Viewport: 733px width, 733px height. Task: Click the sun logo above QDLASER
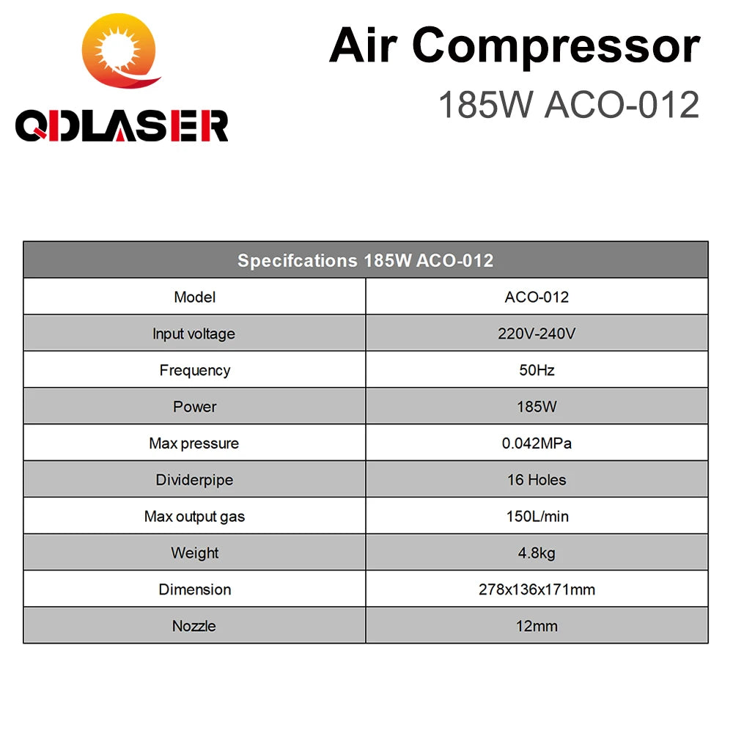[121, 51]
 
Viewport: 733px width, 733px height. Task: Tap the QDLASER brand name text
[122, 126]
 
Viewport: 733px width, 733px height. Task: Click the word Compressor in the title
[556, 47]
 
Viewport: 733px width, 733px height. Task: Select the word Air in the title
[364, 45]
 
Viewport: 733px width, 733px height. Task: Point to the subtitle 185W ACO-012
[569, 104]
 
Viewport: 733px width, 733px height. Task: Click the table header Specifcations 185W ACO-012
[366, 260]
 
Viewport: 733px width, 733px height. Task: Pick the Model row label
[194, 297]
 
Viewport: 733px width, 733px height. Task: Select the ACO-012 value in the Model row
[537, 297]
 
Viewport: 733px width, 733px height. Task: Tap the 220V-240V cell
[537, 334]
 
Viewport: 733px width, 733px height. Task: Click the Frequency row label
[194, 370]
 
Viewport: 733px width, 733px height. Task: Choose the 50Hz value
[537, 370]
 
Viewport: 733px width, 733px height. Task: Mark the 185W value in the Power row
[537, 407]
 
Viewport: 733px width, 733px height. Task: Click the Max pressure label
[194, 443]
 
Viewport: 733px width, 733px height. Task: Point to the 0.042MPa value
[537, 443]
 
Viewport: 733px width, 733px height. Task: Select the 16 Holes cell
[537, 479]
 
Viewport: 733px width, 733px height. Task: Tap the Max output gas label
[194, 517]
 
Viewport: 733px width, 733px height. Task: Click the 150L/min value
[537, 516]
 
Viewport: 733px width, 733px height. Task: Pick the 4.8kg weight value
[537, 553]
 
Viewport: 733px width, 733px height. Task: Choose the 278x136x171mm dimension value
[537, 589]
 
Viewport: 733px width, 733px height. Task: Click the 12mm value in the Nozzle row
[537, 626]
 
